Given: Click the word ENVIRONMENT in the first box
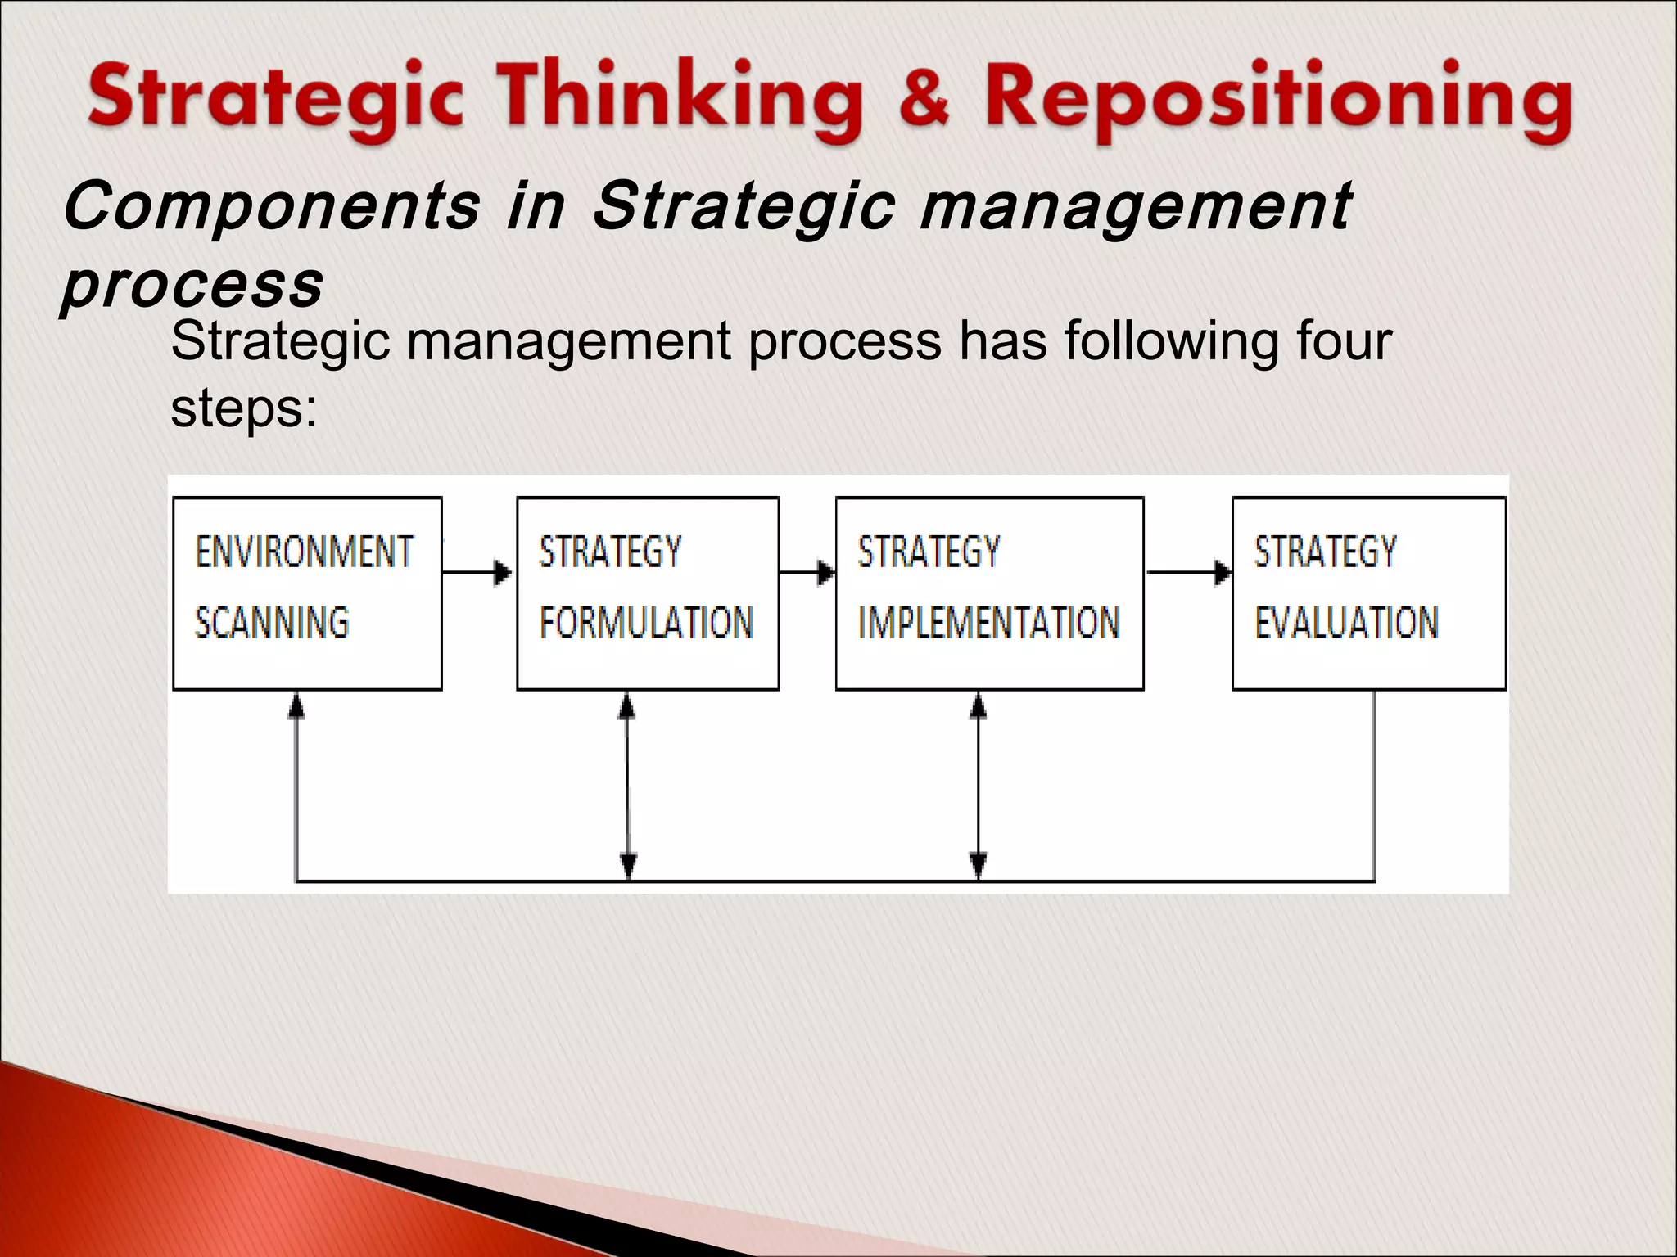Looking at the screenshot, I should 304,552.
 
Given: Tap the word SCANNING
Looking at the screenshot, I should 272,623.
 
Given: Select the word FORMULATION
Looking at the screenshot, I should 646,623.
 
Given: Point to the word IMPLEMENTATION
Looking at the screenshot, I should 988,623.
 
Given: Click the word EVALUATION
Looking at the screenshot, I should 1346,623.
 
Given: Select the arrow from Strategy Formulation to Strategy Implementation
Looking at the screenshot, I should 807,572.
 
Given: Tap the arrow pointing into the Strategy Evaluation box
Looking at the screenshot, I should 1188,572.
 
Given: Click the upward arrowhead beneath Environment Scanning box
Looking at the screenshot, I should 296,705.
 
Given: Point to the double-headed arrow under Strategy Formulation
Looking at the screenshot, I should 628,786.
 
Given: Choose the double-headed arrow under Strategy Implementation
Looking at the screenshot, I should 979,786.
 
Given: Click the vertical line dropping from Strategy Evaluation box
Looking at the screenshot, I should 1374,786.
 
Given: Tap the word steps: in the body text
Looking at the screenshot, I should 243,408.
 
